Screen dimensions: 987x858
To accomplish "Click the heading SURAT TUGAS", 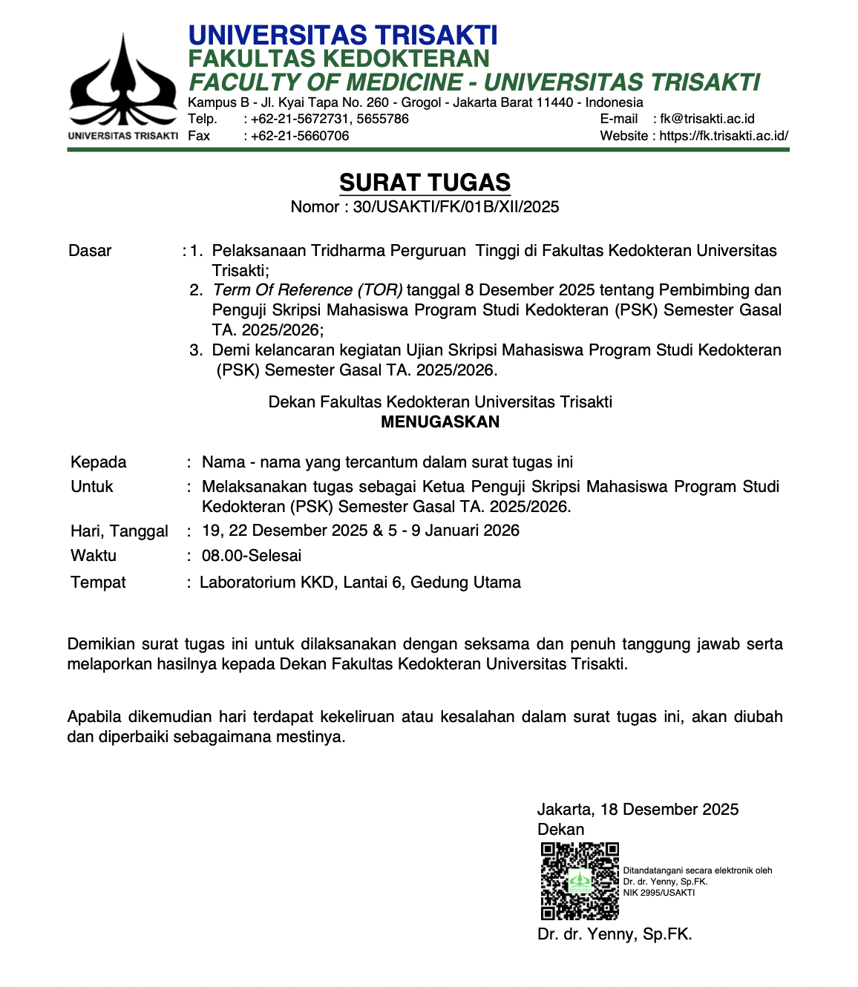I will point(425,183).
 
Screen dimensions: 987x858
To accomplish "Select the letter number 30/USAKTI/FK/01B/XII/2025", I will point(456,207).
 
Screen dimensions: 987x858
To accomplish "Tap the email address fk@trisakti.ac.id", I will point(707,119).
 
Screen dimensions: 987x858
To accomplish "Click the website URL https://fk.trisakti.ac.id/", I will point(724,136).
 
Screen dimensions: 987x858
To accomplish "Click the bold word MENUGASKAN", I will point(440,422).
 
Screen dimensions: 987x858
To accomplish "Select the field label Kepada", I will point(98,462).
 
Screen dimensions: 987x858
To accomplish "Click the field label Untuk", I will point(91,487).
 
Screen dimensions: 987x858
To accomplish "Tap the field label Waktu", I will point(93,556).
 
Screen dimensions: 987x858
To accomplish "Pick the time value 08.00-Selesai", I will point(252,556).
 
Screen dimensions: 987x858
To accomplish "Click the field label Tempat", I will point(98,583).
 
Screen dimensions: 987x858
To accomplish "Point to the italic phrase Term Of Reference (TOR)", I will point(307,290).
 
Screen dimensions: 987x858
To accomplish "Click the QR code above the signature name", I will point(580,881).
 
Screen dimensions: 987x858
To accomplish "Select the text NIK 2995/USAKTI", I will point(659,893).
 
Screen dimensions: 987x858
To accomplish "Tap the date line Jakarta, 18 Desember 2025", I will point(638,810).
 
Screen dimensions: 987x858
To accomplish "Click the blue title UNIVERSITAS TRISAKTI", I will point(342,36).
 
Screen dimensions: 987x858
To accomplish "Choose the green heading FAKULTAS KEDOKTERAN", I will point(338,59).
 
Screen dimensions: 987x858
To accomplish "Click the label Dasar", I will point(90,251).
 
